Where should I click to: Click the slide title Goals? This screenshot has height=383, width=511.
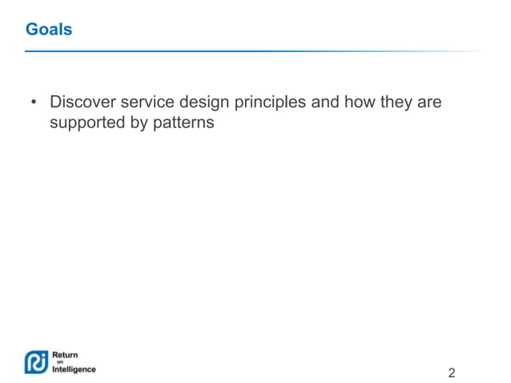48,30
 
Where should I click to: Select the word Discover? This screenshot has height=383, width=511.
81,103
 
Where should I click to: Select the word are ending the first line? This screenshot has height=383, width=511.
429,103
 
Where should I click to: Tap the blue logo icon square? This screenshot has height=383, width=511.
37,361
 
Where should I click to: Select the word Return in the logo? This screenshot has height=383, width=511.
65,354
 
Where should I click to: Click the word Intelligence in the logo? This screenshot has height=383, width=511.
74,369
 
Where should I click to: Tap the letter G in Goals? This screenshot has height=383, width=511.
31,30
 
